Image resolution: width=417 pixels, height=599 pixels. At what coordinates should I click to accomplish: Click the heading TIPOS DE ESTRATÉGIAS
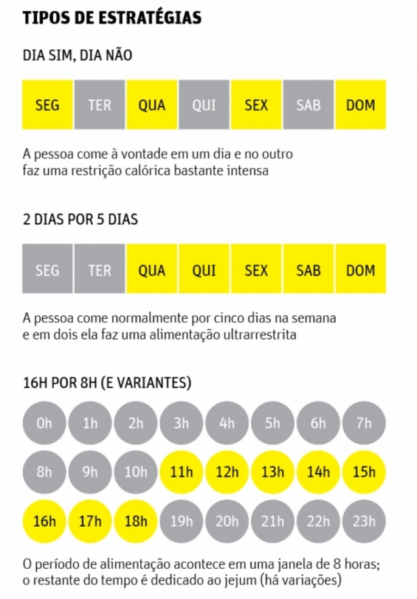point(112,18)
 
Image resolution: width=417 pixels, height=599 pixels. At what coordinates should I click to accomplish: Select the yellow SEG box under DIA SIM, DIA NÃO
point(47,105)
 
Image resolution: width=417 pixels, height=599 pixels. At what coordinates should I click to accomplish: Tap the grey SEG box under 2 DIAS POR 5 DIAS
point(47,270)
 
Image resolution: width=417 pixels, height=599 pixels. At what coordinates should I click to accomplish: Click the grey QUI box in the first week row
point(204,105)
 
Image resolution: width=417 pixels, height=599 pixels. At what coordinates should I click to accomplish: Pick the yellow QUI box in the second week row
point(204,270)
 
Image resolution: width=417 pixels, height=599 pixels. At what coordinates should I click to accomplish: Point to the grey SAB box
point(309,105)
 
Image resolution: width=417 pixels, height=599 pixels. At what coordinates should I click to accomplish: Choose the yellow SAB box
point(309,270)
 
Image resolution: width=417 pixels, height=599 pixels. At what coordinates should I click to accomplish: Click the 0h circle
point(44,423)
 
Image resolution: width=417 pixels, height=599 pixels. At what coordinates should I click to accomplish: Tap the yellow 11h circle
point(181,472)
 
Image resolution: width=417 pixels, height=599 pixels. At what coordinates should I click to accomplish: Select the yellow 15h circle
point(364,472)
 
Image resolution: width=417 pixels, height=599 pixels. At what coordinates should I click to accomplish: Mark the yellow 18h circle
point(136,522)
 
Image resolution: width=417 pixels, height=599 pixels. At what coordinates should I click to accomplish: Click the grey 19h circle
point(181,522)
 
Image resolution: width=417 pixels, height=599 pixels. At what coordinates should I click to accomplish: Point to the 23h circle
point(364,522)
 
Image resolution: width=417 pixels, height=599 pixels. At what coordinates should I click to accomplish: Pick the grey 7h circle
point(364,423)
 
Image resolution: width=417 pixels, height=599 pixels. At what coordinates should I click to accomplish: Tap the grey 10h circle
point(136,472)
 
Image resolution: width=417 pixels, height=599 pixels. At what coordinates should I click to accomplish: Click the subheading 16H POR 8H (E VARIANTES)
point(107,383)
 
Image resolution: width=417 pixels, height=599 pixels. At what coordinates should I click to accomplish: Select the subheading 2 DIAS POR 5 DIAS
point(80,220)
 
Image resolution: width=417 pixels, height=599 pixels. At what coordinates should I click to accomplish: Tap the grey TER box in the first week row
point(100,105)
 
